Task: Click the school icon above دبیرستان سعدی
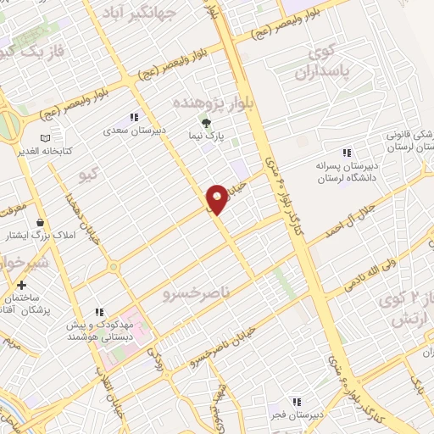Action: (133, 118)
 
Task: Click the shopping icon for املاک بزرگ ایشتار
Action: (39, 221)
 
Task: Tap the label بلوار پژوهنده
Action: (209, 102)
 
